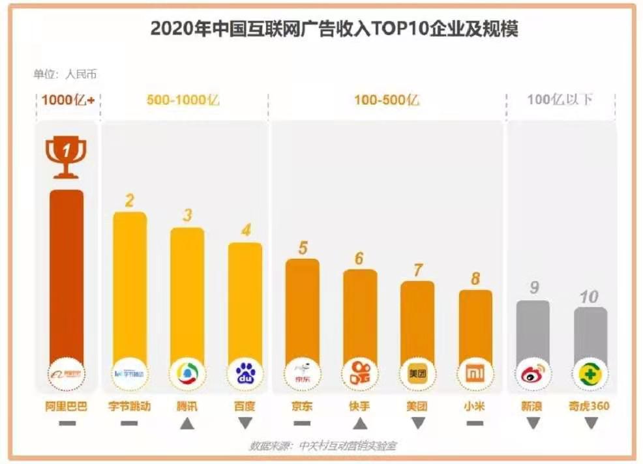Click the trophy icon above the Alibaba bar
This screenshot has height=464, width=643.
[66, 156]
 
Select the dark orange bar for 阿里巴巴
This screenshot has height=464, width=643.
[67, 274]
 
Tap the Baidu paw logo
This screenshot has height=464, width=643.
[245, 374]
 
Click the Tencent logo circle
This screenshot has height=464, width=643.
[187, 374]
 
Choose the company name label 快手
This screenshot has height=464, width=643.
[360, 406]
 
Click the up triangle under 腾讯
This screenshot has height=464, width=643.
[187, 424]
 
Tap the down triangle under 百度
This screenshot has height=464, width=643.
[245, 424]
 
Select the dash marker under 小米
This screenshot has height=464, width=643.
[475, 424]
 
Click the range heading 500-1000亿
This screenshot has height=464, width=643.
[183, 100]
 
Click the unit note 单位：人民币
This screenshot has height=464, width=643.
[65, 74]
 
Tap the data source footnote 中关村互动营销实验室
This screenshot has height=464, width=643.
[323, 446]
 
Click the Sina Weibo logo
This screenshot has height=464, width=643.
[533, 374]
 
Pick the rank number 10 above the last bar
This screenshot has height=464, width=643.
[589, 297]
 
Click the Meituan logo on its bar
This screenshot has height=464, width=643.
[417, 374]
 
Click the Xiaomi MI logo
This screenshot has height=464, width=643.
[475, 374]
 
